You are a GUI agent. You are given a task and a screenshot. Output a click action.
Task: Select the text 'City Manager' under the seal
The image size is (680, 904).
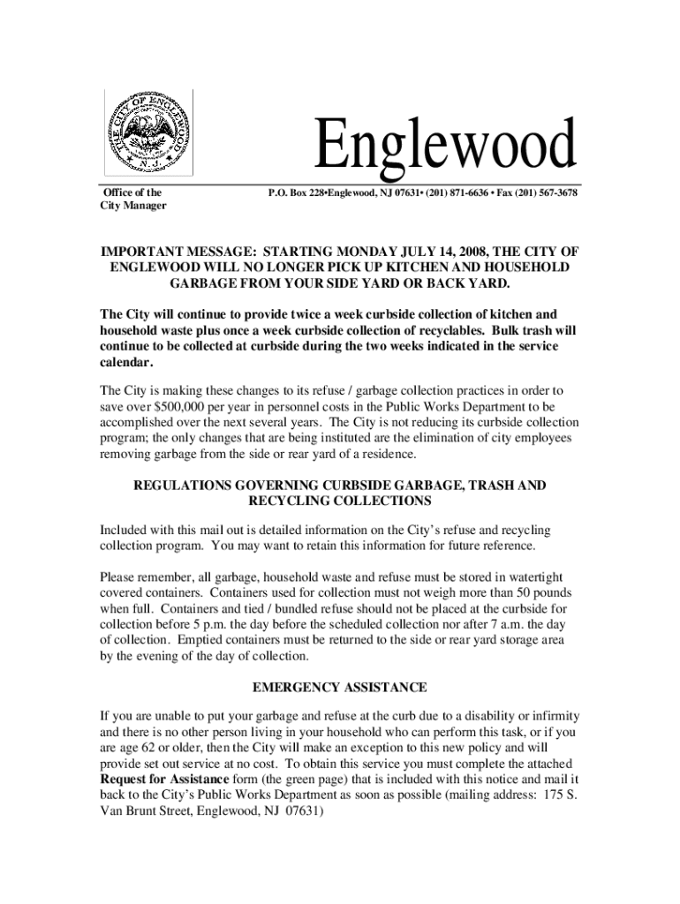(133, 207)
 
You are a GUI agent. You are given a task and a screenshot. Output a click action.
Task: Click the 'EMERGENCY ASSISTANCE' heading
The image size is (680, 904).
(340, 687)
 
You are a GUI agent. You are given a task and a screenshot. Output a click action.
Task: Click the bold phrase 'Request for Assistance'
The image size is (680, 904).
(165, 780)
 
